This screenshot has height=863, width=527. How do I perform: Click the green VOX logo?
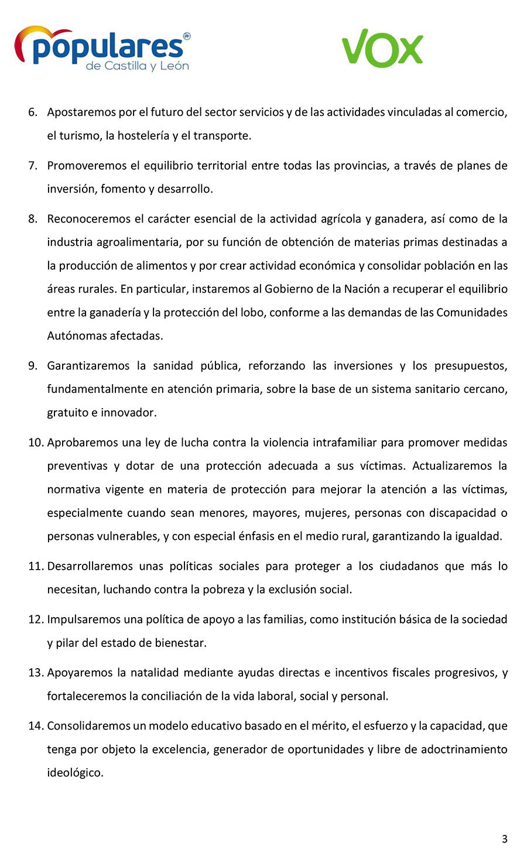click(x=382, y=48)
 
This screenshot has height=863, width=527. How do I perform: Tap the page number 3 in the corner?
click(x=504, y=839)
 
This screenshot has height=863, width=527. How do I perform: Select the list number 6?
click(x=33, y=112)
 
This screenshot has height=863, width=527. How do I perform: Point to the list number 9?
click(x=33, y=366)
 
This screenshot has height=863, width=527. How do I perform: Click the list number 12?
click(x=36, y=619)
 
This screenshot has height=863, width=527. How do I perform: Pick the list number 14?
click(x=36, y=726)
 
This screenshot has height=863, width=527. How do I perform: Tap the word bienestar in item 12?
click(x=180, y=643)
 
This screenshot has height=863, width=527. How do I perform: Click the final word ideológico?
click(x=75, y=773)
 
